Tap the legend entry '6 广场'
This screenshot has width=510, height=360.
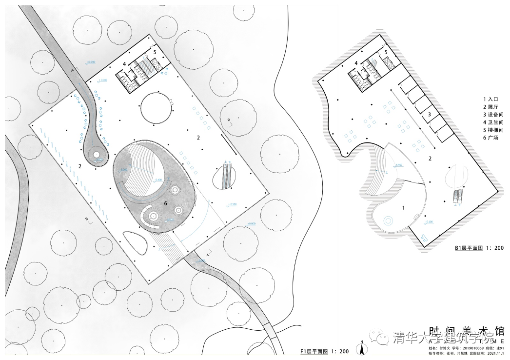(491, 138)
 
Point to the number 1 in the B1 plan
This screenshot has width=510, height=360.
(403, 208)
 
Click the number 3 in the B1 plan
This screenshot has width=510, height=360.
(429, 114)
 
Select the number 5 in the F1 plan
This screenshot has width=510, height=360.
(155, 52)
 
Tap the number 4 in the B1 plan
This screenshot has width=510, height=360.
(356, 63)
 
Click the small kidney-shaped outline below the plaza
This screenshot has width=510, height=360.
(135, 242)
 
